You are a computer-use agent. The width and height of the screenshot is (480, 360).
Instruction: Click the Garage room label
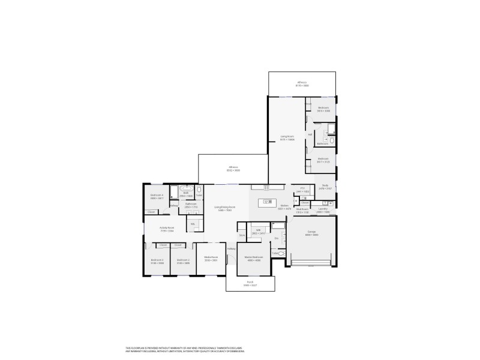click(x=311, y=233)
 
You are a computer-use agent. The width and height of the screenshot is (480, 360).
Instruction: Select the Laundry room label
click(x=323, y=210)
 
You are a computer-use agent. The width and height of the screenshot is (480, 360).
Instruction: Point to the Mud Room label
click(x=302, y=210)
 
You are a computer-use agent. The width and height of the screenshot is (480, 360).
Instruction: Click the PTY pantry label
click(x=302, y=190)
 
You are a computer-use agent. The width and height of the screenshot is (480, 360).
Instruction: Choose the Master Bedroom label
click(x=253, y=259)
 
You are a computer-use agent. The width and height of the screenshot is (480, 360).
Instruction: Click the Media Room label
click(x=211, y=259)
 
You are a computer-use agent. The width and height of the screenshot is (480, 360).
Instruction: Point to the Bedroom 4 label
click(x=157, y=196)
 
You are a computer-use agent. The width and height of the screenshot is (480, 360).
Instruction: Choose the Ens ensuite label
click(x=277, y=239)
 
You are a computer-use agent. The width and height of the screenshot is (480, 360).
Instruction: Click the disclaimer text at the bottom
click(x=187, y=349)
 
